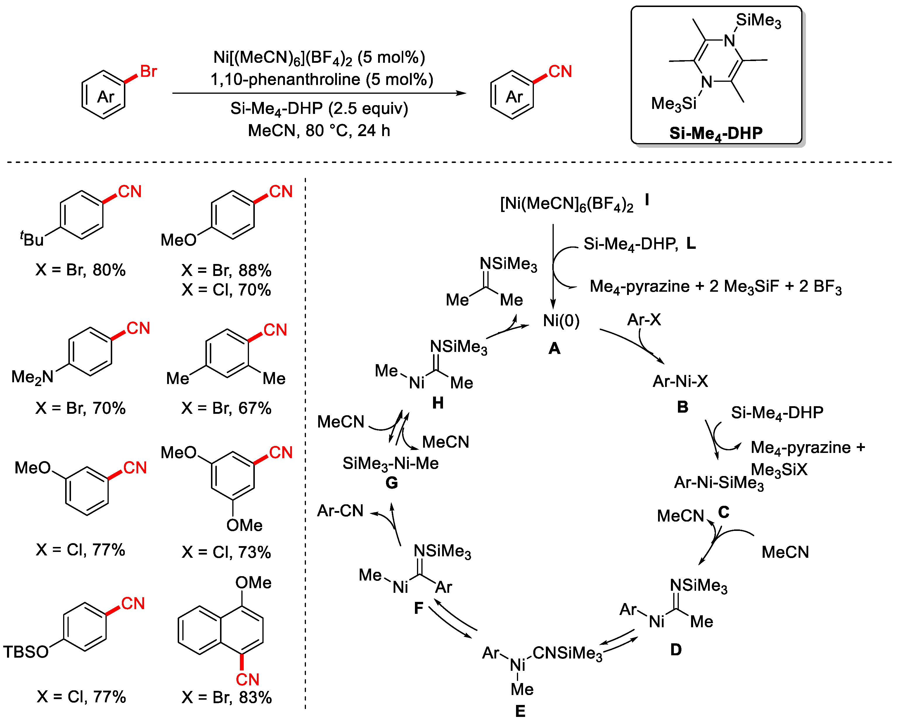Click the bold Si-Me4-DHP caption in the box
tap(716, 133)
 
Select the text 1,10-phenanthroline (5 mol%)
tap(322, 79)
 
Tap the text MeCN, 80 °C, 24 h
tap(319, 131)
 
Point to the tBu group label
tap(32, 239)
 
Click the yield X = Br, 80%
tap(81, 270)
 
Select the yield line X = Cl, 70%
tap(226, 290)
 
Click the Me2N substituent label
tap(32, 377)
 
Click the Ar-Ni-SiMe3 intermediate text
tap(719, 483)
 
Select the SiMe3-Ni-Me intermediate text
tap(390, 463)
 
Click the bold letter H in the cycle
tap(437, 403)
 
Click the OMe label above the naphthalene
tap(253, 583)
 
